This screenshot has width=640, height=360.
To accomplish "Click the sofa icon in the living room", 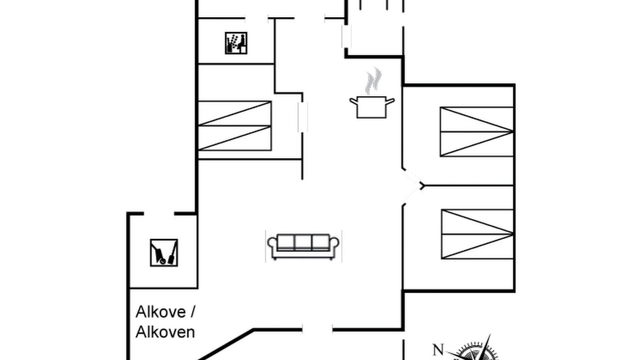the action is coord(303,246).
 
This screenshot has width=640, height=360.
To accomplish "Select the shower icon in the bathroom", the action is coord(236,43).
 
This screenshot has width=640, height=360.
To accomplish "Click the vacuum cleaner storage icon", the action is coord(164,253).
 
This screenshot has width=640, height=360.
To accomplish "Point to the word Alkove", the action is coord(160,311).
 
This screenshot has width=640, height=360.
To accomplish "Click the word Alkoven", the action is coord(165,332).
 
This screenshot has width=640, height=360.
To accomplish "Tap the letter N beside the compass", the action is coord(438,349).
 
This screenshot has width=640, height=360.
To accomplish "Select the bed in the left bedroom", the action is coord(234,125).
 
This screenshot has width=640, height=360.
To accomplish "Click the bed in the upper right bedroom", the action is coord(476,131).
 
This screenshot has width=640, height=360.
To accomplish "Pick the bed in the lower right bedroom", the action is coord(477,234).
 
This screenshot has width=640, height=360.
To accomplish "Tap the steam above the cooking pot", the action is coord(373,81).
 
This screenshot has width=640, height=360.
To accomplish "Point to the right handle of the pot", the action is coord(390,101).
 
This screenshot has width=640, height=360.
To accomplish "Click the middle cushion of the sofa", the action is coord(303,242).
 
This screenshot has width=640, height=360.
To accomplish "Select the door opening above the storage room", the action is coord(159,213).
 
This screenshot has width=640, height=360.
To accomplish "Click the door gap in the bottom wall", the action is coord(317,330).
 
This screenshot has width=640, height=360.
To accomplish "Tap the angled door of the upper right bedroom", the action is coord(413,177).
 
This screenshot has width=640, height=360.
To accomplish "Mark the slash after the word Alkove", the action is coord(192,311).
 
